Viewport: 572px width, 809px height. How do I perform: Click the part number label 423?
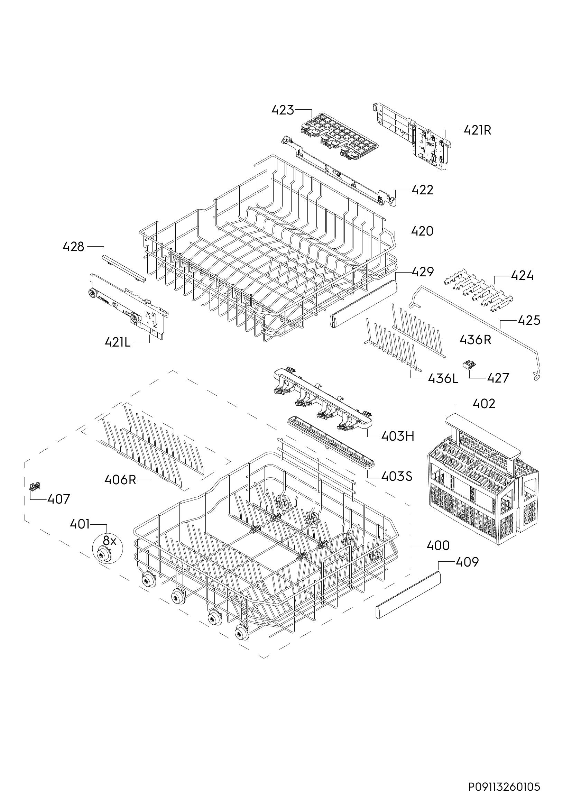click(x=283, y=110)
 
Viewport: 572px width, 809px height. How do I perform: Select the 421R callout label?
click(x=477, y=131)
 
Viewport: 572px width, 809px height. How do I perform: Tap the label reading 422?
click(x=422, y=190)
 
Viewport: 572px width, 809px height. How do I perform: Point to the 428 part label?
click(x=73, y=247)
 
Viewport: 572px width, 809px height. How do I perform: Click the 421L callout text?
click(x=117, y=342)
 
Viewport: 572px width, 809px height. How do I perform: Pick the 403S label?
click(x=397, y=476)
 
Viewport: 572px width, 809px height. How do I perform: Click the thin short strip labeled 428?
click(x=123, y=269)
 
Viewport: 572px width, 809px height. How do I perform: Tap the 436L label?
click(x=443, y=378)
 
